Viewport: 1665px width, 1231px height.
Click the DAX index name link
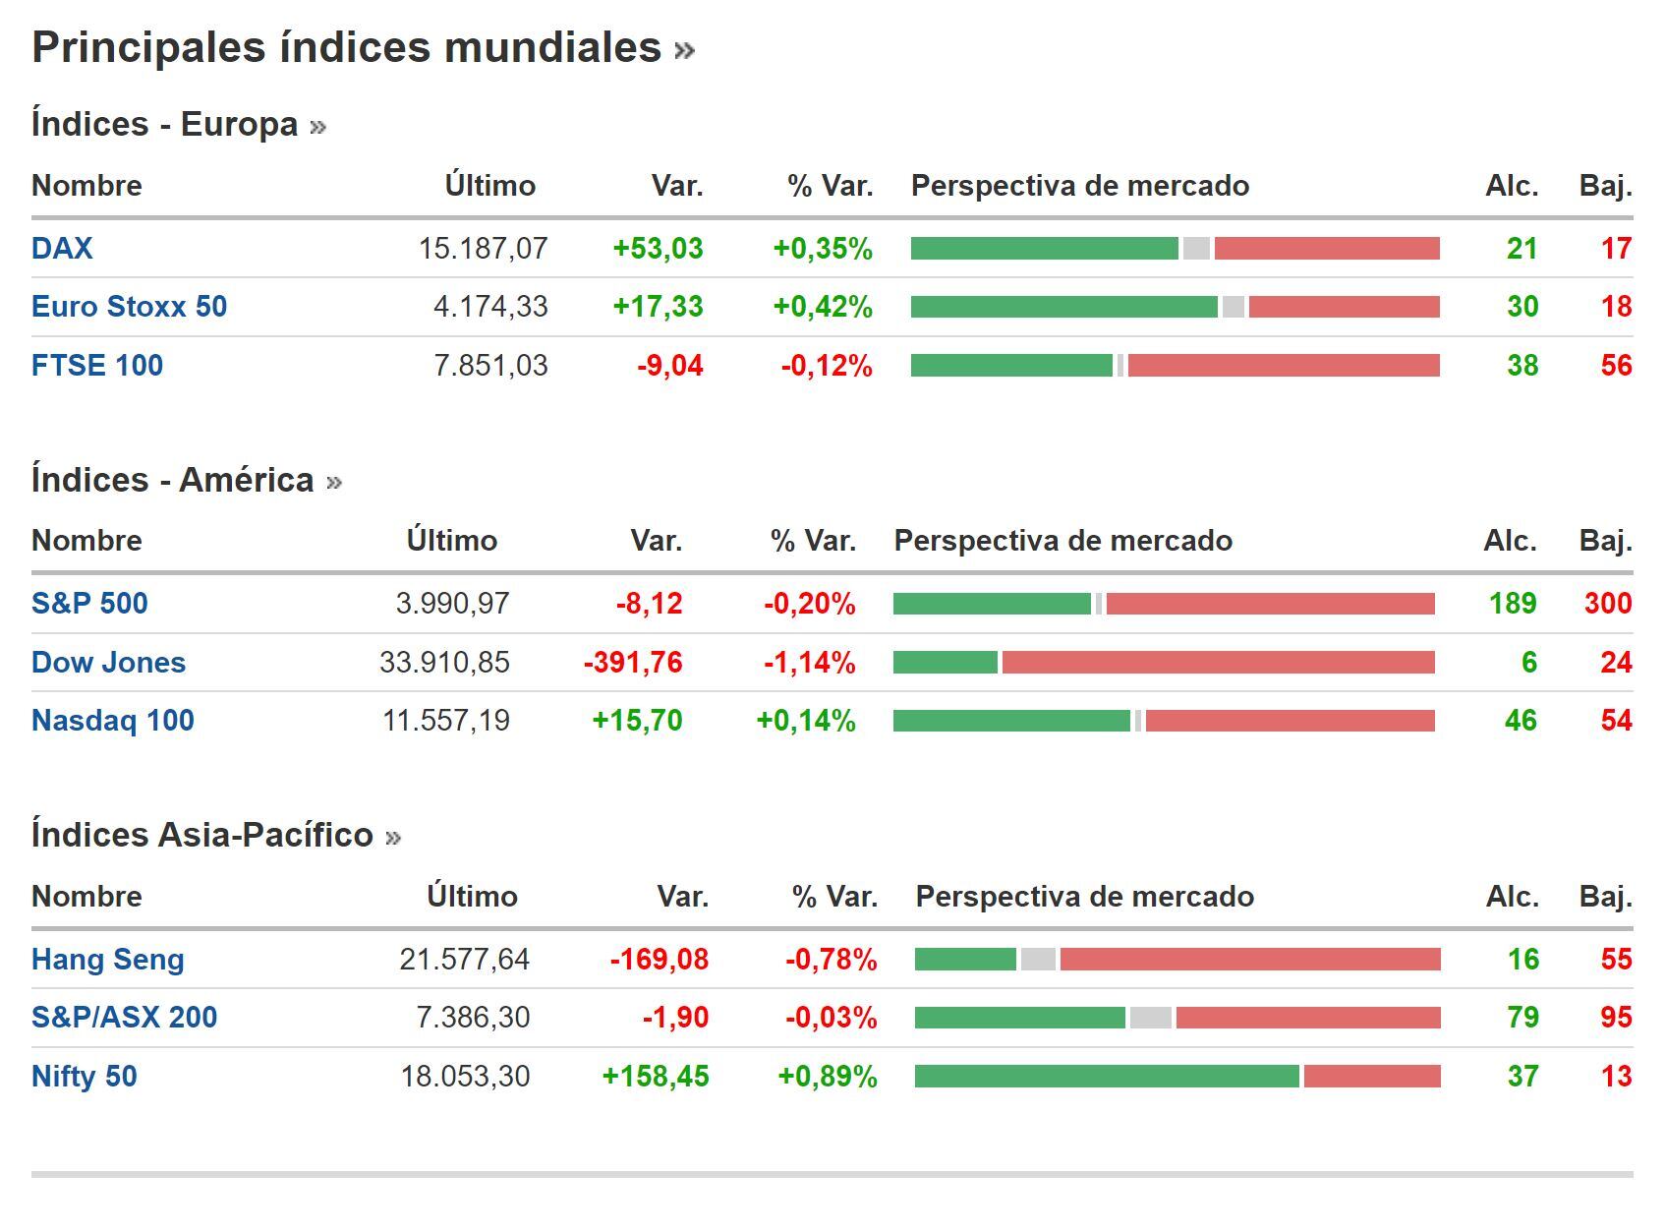(62, 248)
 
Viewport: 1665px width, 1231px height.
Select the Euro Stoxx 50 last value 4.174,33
(490, 307)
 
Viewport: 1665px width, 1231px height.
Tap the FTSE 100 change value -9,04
(670, 366)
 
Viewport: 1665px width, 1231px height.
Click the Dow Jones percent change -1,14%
(809, 663)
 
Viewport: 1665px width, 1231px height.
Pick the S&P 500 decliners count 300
(1607, 603)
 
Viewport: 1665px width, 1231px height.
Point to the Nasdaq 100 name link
(113, 721)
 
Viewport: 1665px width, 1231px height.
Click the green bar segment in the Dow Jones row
(945, 663)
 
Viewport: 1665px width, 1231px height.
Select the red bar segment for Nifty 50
(1372, 1077)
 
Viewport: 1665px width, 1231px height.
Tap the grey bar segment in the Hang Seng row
(1038, 960)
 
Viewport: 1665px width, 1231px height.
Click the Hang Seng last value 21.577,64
(464, 960)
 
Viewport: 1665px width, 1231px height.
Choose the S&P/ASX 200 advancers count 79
(1522, 1018)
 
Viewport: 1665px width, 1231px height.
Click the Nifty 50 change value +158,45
(655, 1077)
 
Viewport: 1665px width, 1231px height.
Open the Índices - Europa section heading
(165, 125)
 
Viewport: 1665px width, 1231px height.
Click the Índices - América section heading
(173, 480)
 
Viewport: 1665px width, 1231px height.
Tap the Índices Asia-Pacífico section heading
(202, 835)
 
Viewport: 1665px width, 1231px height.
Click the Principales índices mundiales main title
(347, 47)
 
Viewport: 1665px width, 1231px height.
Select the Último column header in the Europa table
(489, 186)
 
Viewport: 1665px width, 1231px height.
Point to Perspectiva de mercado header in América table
(1062, 541)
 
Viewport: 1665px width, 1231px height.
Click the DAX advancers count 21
(1521, 249)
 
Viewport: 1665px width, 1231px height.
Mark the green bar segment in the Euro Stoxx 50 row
(1063, 307)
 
